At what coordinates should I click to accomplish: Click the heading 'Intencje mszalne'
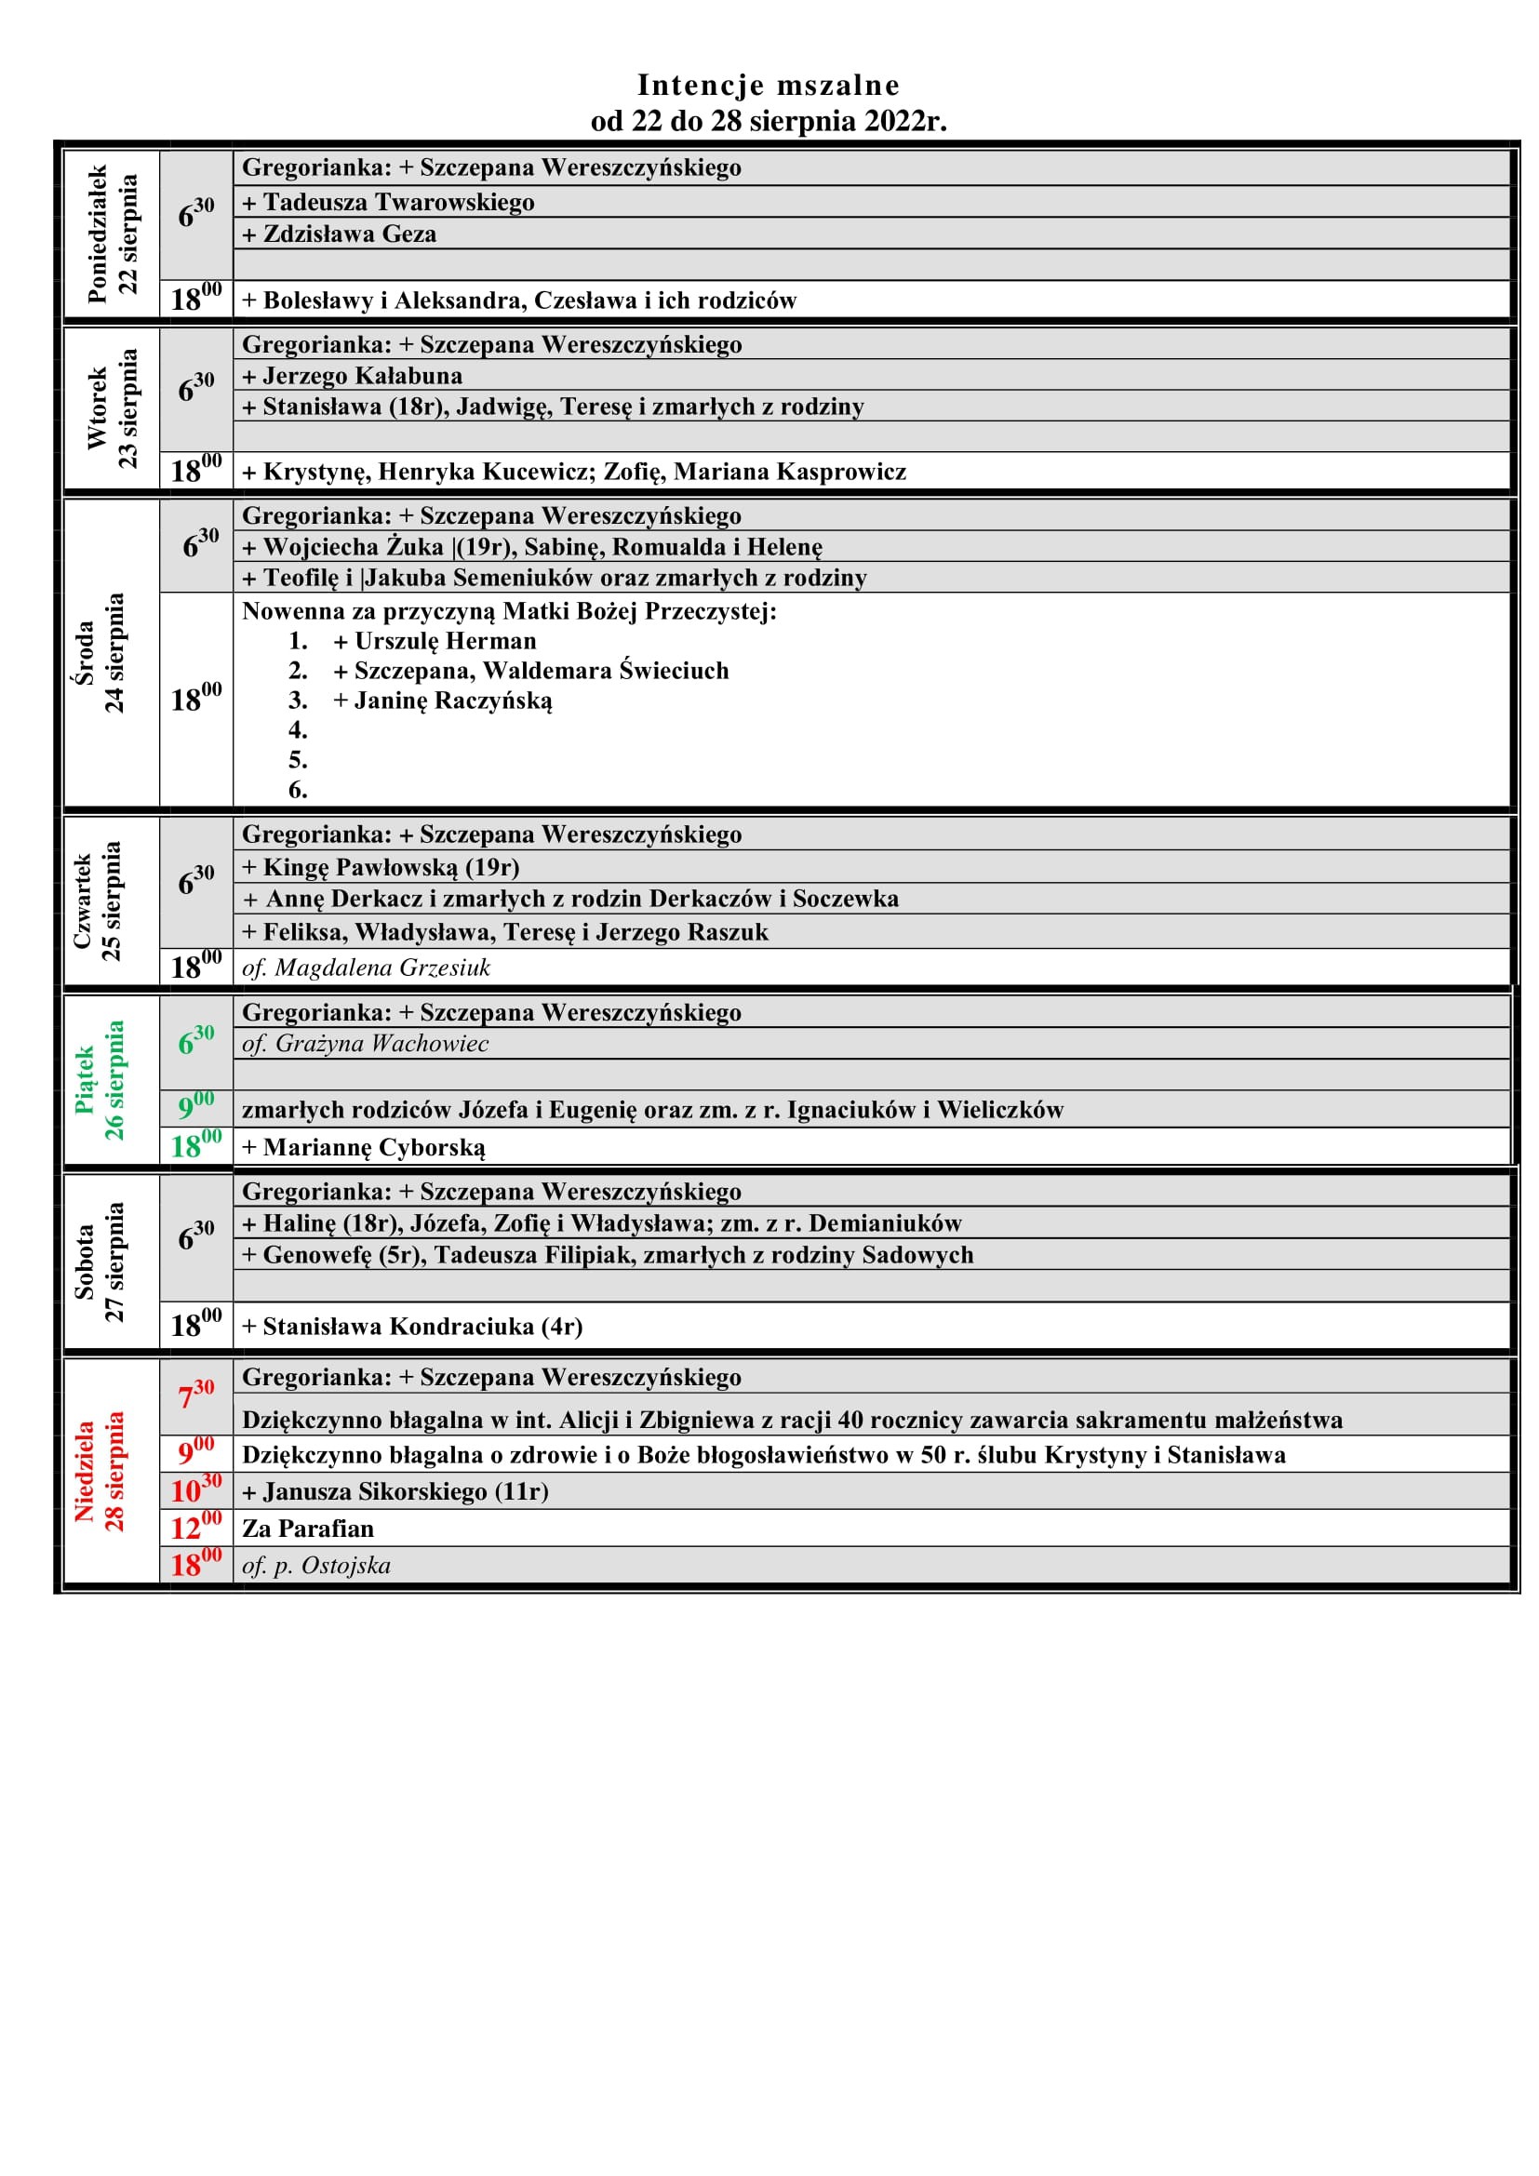tap(768, 86)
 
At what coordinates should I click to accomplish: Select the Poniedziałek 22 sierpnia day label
tap(112, 234)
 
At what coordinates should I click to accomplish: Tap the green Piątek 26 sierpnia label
tap(100, 1079)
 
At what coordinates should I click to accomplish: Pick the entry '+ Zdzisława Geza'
tap(340, 234)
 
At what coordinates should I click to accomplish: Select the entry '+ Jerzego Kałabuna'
tap(353, 376)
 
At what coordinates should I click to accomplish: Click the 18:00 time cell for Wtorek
tap(196, 470)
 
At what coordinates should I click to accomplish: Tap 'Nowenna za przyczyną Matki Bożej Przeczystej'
tap(509, 611)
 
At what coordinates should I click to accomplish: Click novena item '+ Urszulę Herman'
tap(435, 642)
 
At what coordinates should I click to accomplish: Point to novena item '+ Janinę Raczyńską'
tap(443, 701)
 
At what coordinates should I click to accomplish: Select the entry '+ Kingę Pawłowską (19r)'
tap(381, 867)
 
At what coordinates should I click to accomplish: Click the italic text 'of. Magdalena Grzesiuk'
tap(366, 968)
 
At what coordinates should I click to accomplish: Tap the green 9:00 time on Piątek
tap(196, 1107)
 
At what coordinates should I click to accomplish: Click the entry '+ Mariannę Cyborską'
tap(364, 1148)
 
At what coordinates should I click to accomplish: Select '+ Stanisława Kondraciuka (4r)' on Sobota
tap(412, 1326)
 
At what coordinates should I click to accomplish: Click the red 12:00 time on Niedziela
tap(196, 1528)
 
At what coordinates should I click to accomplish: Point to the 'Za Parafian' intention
tap(308, 1529)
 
